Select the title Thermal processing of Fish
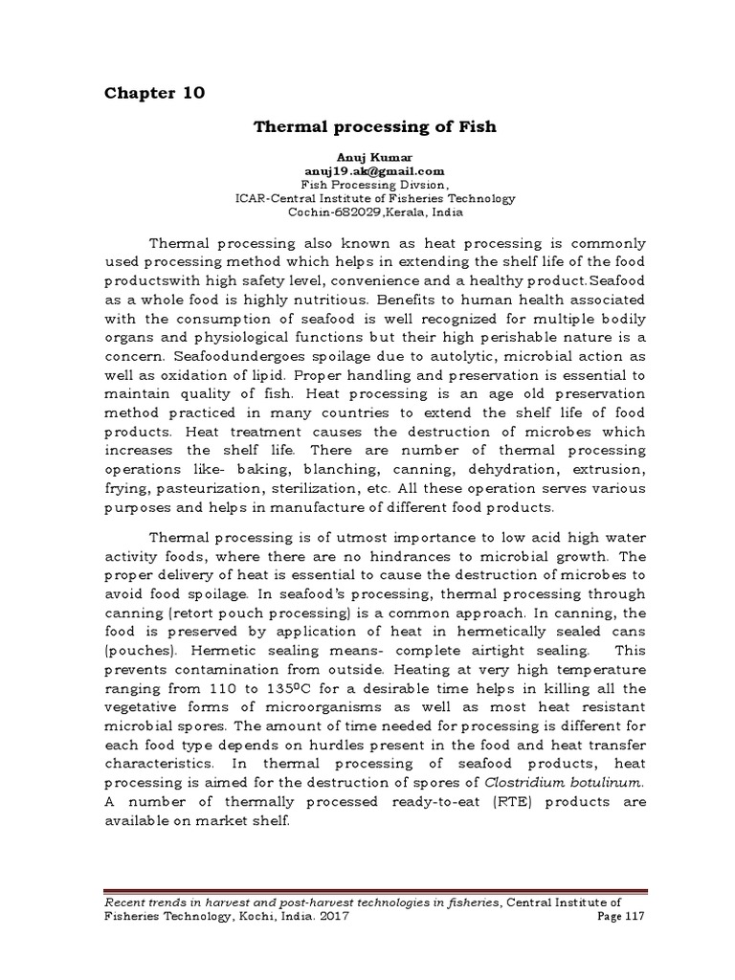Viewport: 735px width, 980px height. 373,127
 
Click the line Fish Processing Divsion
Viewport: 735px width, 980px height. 374,186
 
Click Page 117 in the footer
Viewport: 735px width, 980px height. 620,917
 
